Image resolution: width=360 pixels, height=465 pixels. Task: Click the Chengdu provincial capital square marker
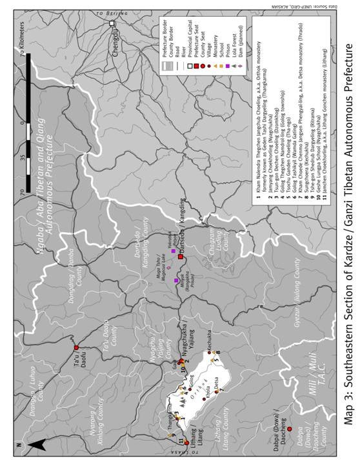pos(112,24)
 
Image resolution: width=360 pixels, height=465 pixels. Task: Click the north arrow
pos(37,444)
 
